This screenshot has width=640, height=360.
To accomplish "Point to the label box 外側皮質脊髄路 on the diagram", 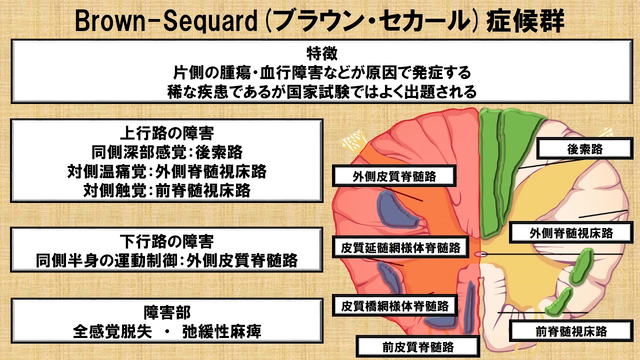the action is pyautogui.click(x=394, y=176).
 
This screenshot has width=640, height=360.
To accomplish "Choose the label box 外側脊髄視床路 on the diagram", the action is pyautogui.click(x=571, y=233).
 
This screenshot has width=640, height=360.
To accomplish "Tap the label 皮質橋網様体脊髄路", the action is pyautogui.click(x=395, y=304).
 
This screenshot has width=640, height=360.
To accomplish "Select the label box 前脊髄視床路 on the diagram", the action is pyautogui.click(x=571, y=331).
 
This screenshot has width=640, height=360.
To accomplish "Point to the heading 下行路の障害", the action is pyautogui.click(x=167, y=242).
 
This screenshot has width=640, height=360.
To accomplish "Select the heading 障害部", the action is pyautogui.click(x=167, y=313).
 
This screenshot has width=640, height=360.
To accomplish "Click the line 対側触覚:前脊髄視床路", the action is pyautogui.click(x=167, y=190).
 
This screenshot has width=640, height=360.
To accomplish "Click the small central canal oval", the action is pyautogui.click(x=480, y=254).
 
